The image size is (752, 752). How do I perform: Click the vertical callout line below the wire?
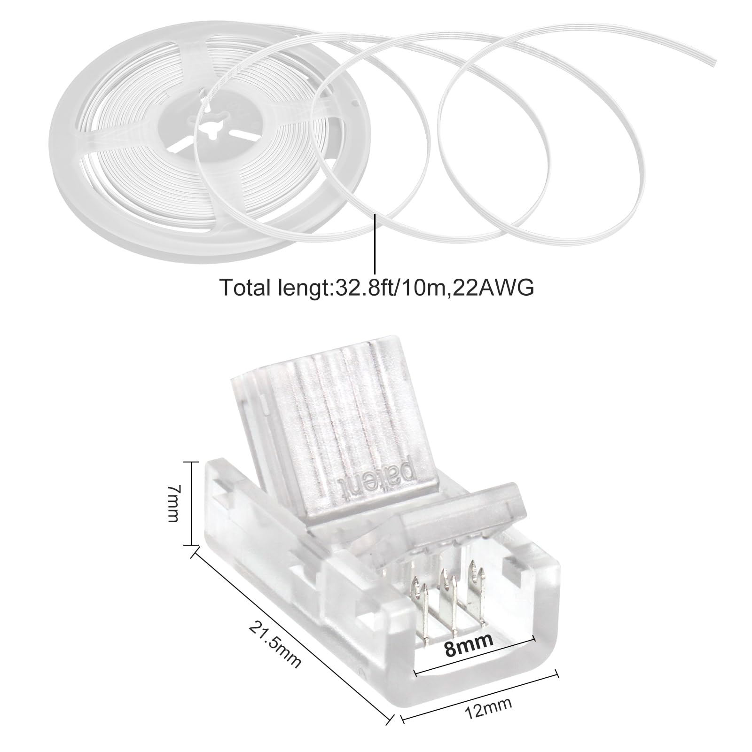(x=375, y=243)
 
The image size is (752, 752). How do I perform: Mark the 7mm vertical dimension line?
(x=190, y=503)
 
